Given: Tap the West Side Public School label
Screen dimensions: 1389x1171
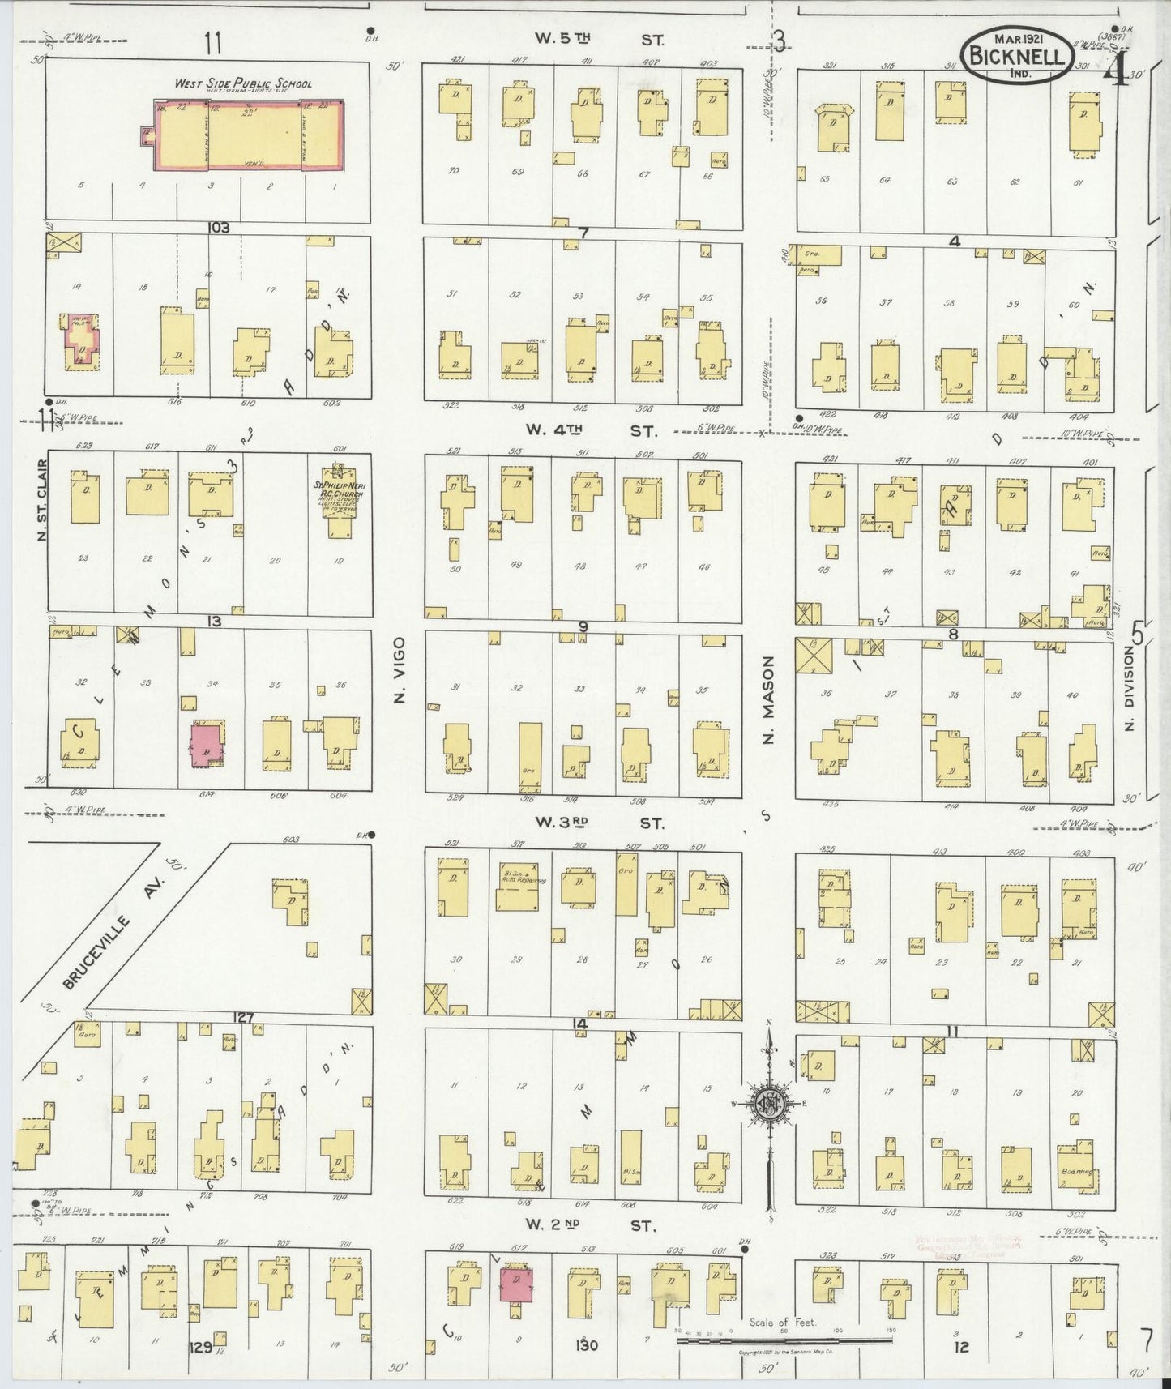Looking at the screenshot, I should click(x=243, y=83).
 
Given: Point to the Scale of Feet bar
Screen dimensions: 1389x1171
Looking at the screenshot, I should click(x=784, y=1340).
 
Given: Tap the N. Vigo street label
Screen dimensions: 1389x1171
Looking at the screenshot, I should click(x=399, y=682).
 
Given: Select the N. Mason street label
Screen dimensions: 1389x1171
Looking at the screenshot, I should click(x=769, y=700).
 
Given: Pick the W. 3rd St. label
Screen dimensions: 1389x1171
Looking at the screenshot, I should click(x=598, y=823).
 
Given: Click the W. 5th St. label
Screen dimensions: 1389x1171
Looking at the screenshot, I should click(x=598, y=38).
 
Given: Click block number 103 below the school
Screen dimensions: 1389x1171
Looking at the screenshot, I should click(x=218, y=228).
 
